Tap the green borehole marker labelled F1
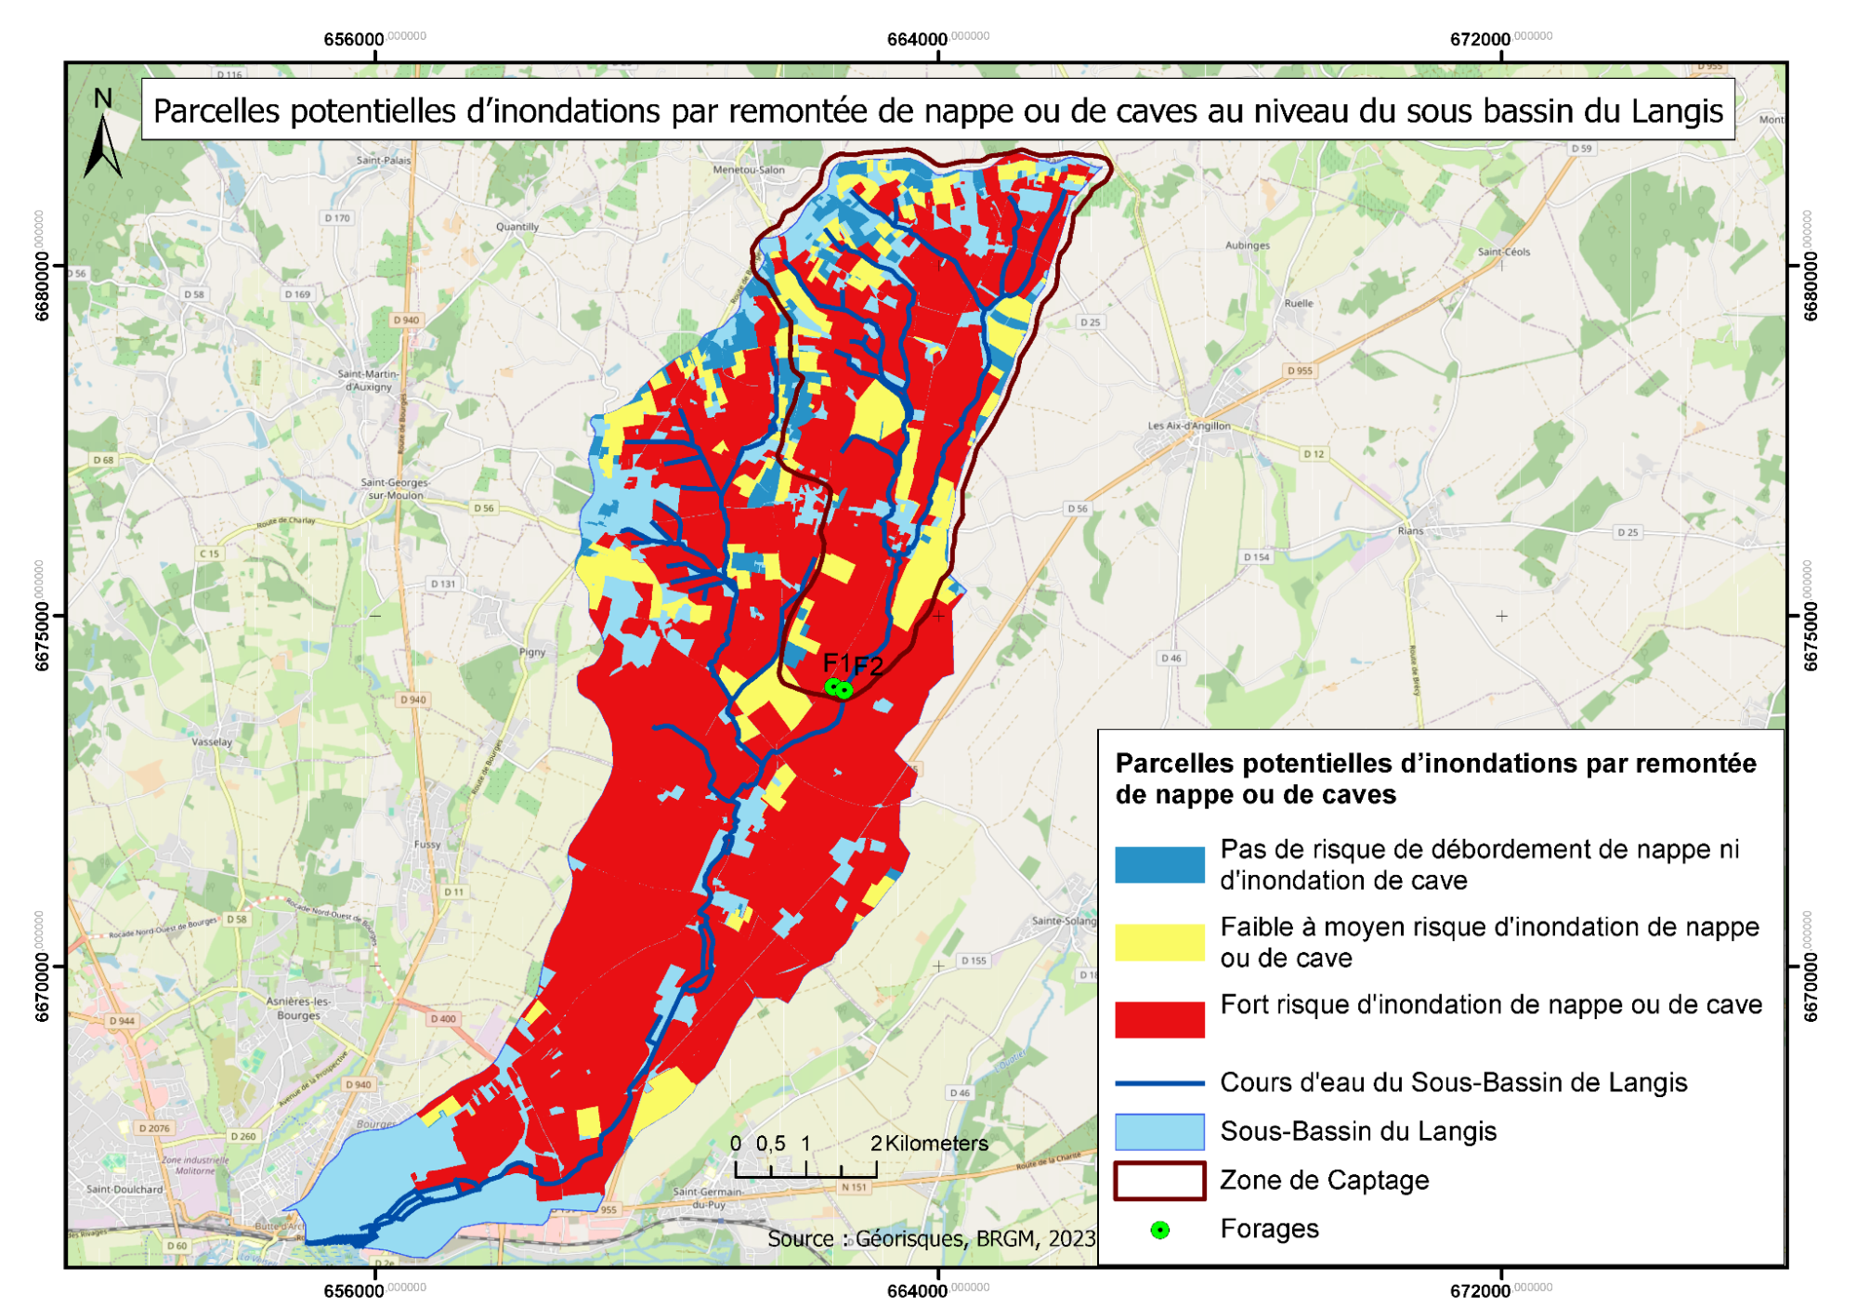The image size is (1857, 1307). (833, 686)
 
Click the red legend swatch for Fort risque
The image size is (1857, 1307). (1158, 1019)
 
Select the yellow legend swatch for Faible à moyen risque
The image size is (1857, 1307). (1158, 942)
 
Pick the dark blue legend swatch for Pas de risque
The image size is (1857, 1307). (1158, 865)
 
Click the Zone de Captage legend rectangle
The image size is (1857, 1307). (1158, 1180)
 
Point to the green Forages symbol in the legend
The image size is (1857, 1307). (1159, 1230)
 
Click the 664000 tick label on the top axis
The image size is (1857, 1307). (917, 40)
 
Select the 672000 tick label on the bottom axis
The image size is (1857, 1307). (1480, 1290)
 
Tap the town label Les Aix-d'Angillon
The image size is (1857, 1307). (1188, 426)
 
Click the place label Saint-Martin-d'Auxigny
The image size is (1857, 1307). (368, 380)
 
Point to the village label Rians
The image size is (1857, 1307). (1409, 531)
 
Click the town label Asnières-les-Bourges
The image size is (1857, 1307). (297, 1008)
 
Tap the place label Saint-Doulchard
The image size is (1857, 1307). (124, 1189)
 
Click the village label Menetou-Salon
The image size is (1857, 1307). (748, 170)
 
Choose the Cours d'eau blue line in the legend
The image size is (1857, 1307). (1158, 1083)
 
